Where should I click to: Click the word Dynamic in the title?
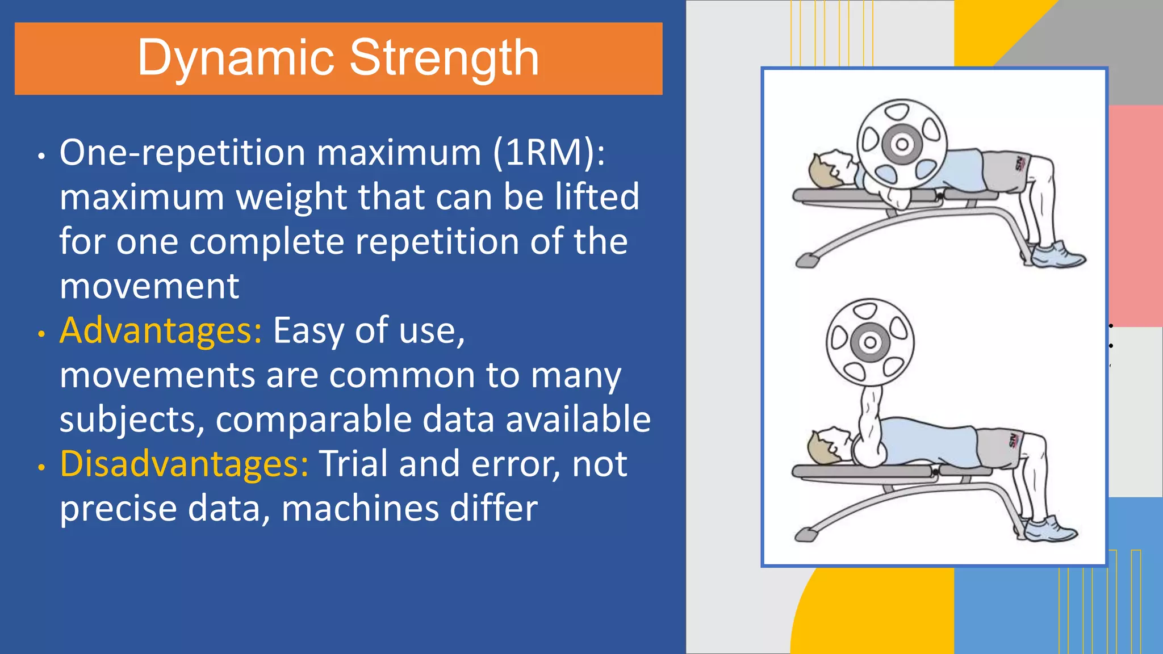236,58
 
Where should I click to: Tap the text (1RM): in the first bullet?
549,153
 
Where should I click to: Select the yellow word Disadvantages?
184,464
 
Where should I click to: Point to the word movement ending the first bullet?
149,286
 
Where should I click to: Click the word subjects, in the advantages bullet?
132,420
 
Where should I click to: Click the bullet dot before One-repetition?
41,156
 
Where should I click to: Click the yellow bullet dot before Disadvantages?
41,467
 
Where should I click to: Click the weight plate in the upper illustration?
902,144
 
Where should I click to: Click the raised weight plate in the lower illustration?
870,342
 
